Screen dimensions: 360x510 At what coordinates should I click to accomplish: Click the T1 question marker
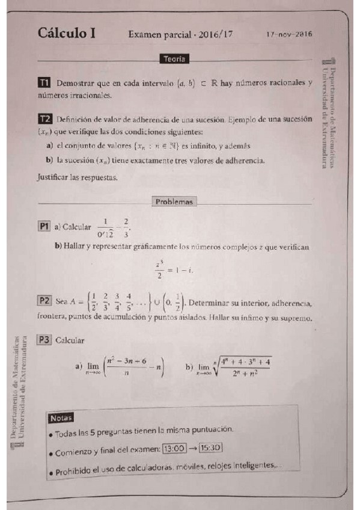point(43,82)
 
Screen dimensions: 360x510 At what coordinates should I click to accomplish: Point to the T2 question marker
point(43,119)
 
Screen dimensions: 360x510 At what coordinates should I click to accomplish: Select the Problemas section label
point(174,202)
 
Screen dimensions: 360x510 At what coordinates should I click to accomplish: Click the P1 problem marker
point(43,227)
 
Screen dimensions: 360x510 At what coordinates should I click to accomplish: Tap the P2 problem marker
point(44,300)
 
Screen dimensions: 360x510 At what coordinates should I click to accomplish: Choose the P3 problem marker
point(44,340)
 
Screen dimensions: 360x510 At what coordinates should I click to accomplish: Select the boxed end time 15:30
point(210,447)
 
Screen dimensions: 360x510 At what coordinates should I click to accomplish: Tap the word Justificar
point(52,177)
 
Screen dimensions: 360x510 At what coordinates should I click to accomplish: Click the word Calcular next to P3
point(69,340)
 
